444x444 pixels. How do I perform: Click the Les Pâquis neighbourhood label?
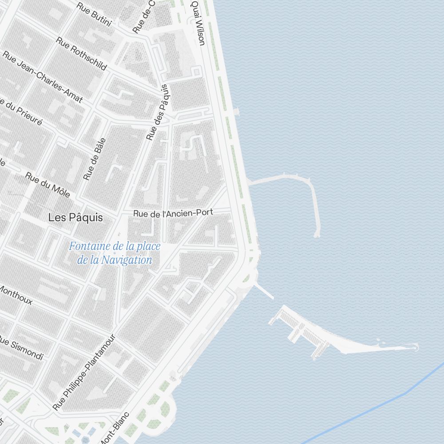click(75, 218)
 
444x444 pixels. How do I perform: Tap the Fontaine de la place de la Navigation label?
click(115, 253)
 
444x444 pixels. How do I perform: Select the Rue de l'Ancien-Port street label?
click(173, 213)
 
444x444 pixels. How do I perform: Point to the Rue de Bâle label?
click(95, 159)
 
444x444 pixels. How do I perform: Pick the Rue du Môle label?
click(48, 185)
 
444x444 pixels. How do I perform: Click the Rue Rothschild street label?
click(81, 53)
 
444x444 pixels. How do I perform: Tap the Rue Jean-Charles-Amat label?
click(43, 77)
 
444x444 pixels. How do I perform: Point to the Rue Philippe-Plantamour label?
click(84, 372)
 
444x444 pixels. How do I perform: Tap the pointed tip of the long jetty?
click(416, 347)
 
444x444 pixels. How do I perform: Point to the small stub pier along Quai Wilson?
click(236, 111)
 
